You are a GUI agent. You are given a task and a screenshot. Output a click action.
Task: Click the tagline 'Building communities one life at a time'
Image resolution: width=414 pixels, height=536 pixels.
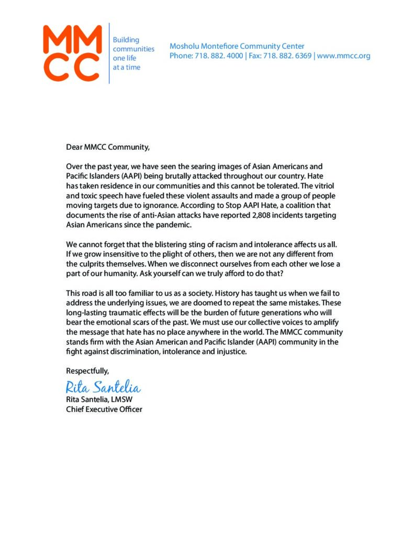(133, 53)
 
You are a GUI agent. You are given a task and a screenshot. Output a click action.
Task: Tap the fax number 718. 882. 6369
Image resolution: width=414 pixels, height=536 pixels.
(286, 56)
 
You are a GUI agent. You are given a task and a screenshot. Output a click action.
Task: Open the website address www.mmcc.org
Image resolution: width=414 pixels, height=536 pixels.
(343, 56)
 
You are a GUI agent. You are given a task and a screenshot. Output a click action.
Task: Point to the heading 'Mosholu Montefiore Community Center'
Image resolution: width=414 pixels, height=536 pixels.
(237, 46)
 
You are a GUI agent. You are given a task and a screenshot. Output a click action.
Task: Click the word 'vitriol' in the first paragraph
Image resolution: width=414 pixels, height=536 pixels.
(329, 187)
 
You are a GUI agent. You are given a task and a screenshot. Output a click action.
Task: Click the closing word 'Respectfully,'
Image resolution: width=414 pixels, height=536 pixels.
(87, 371)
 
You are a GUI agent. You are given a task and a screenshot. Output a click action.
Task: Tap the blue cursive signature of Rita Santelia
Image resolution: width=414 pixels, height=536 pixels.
(103, 387)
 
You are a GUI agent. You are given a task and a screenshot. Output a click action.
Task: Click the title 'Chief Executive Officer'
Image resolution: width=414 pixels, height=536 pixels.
(104, 409)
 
